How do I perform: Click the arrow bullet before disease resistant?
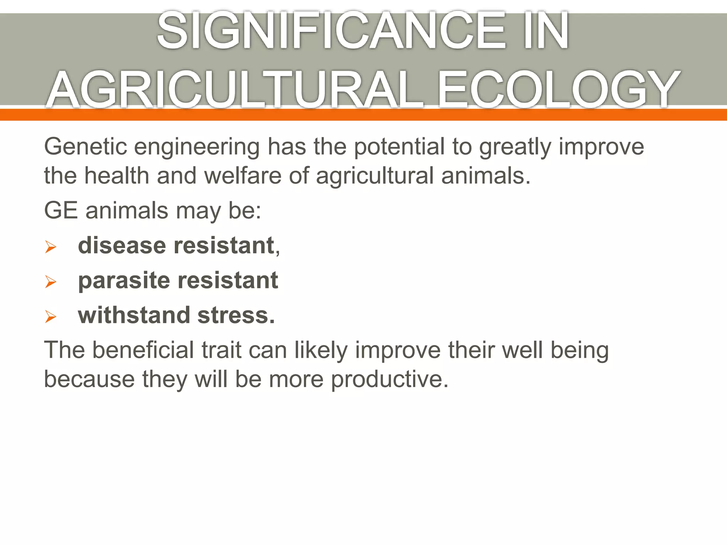point(51,247)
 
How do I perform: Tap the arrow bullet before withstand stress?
point(51,316)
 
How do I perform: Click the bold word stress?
point(236,315)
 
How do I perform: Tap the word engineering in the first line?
point(197,147)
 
